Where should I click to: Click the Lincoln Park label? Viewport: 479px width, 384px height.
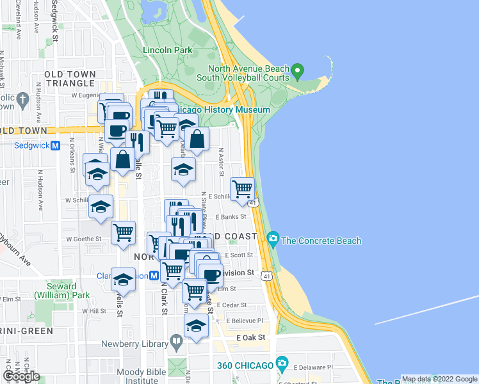click(x=168, y=49)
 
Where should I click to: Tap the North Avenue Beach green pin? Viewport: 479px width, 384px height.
click(x=297, y=69)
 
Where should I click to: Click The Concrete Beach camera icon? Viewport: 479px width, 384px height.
click(x=273, y=240)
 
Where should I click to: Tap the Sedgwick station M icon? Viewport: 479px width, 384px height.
click(x=55, y=145)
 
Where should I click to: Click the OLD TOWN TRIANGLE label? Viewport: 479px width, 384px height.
click(x=70, y=79)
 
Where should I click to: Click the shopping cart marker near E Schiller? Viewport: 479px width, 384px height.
click(x=242, y=189)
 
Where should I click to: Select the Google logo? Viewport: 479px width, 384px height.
click(x=21, y=376)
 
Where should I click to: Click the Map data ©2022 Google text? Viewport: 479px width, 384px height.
click(x=439, y=378)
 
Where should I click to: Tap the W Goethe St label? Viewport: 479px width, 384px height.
click(x=85, y=239)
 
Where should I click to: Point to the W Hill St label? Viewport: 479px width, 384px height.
click(x=94, y=311)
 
